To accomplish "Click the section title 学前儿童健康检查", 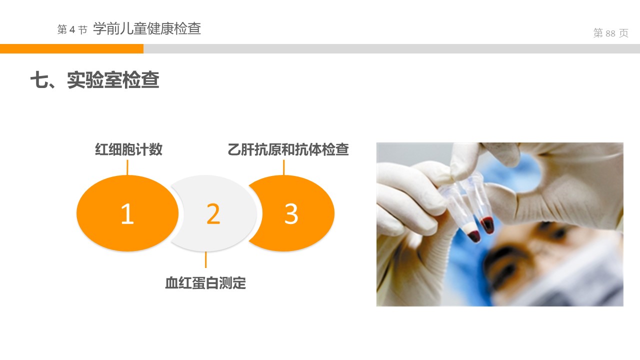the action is click(147, 28).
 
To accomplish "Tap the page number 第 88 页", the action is click(610, 33).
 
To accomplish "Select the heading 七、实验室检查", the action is click(94, 79).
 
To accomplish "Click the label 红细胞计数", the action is click(128, 149).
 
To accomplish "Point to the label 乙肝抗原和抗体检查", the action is click(288, 149).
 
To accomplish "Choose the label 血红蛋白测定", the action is click(205, 283).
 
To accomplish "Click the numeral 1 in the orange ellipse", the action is click(127, 213).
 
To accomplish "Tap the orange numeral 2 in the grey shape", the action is click(213, 213).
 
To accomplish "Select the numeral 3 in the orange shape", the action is click(291, 213).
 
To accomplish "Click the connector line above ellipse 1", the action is click(127, 167).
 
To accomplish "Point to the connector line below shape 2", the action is click(205, 259).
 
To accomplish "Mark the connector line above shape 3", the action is click(283, 167).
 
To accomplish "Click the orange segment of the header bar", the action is click(71, 48).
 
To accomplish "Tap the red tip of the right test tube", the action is click(487, 224).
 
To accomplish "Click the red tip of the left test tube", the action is click(473, 235).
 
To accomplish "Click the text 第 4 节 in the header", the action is click(72, 29).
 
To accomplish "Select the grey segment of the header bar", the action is click(391, 48).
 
